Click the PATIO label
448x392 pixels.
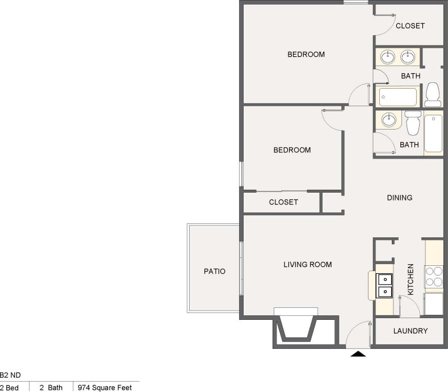tap(215, 272)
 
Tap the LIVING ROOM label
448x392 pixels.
tap(308, 264)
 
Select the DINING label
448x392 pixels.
tap(400, 198)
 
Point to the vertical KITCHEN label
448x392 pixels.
tap(411, 279)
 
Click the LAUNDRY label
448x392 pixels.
tap(410, 331)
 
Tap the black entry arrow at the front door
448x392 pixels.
tap(358, 354)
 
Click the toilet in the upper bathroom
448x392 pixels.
tap(433, 94)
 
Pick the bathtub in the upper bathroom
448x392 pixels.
tap(398, 97)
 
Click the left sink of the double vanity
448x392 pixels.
tap(388, 56)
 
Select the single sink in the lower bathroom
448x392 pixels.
tap(388, 119)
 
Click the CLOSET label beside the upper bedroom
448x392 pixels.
tap(410, 26)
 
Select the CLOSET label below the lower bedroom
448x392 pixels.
tap(283, 202)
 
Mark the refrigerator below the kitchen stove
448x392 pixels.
tap(434, 304)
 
